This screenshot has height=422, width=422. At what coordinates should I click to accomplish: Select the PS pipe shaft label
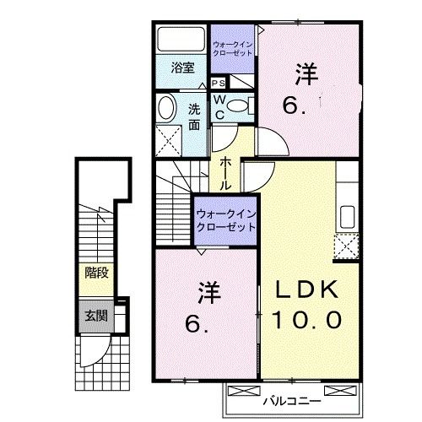[218, 83]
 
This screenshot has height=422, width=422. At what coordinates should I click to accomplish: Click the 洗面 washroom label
[194, 116]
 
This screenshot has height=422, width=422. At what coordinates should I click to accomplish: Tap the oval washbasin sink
[167, 107]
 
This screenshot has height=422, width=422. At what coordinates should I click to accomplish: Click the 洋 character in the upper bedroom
[306, 74]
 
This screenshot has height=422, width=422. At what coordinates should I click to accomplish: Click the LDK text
[307, 289]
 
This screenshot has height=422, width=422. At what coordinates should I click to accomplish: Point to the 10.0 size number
[307, 320]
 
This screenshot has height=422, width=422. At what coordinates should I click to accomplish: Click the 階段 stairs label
[95, 273]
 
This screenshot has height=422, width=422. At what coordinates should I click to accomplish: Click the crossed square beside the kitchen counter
[346, 247]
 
